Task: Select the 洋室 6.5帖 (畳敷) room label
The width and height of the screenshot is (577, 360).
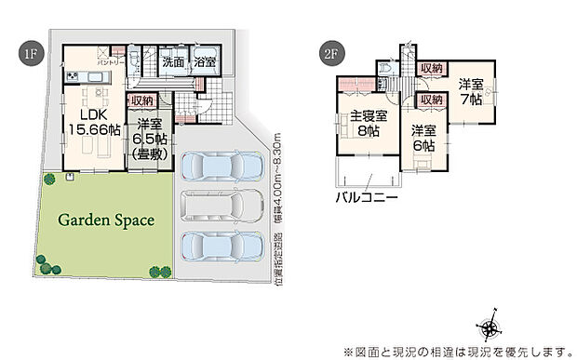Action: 149,138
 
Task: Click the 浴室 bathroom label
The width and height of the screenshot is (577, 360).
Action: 205,62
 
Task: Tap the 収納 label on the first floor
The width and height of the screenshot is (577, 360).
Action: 141,100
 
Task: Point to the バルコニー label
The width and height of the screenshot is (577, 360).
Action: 368,198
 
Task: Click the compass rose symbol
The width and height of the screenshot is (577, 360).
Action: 490,327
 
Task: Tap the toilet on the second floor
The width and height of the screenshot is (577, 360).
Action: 386,70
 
